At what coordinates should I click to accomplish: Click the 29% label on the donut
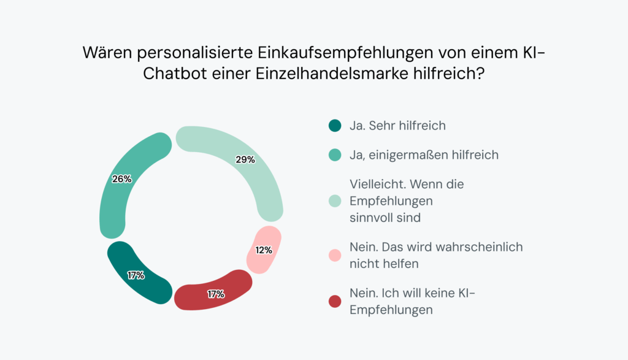pos(245,159)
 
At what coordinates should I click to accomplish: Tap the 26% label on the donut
pos(121,179)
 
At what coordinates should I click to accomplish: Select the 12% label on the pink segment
pos(264,250)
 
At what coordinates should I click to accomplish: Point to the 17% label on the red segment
pos(216,294)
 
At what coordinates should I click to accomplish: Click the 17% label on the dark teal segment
pos(136,275)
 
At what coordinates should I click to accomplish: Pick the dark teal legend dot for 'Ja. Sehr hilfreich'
pos(334,126)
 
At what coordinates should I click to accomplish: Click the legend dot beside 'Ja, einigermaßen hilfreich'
pos(334,155)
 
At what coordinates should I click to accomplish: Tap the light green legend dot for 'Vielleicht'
pos(334,201)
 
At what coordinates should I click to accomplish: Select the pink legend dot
pos(334,255)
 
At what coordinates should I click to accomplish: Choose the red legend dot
pos(334,301)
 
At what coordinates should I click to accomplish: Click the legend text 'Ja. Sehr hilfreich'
pos(397,126)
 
